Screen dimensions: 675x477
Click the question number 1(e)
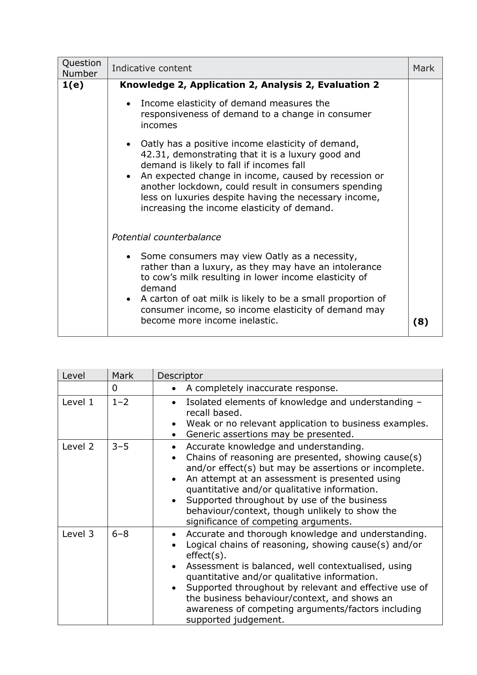72,85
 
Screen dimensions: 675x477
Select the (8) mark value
421,322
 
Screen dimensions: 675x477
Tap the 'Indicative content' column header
152,68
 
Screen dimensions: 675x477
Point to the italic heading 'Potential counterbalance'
166,237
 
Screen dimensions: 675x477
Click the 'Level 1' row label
78,402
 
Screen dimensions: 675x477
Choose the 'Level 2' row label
78,447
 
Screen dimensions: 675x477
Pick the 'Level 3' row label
78,534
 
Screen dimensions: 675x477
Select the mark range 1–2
120,402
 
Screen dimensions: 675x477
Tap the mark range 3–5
120,447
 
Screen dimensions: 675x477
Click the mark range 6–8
120,534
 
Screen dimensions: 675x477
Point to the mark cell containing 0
115,388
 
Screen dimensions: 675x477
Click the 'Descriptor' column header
180,376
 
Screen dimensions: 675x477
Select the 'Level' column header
73,376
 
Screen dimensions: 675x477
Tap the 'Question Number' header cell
82,68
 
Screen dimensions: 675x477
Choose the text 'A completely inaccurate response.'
262,388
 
